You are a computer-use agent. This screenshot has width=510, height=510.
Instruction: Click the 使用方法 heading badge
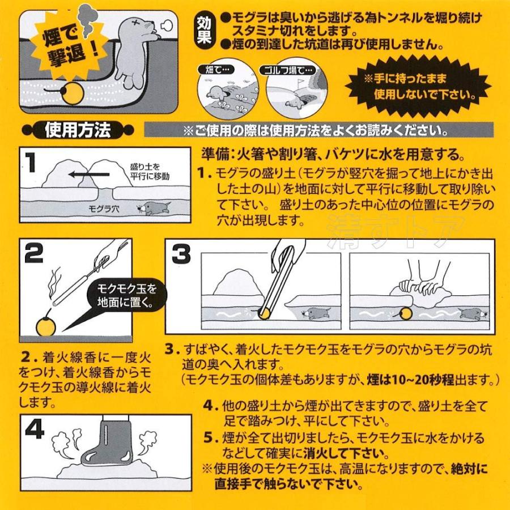coord(78,130)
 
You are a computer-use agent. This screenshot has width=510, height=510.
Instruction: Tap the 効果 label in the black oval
coord(204,31)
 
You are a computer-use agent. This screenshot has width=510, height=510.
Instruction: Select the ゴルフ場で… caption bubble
coord(287,70)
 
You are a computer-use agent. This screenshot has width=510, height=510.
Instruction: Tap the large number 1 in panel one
coord(31,163)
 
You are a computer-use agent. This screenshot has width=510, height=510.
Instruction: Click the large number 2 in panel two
coord(34,253)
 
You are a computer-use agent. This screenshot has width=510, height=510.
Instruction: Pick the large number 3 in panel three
coord(181,254)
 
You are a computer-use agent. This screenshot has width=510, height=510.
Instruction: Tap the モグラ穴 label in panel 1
coord(104,209)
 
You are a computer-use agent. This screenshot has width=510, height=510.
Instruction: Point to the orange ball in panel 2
coord(45,326)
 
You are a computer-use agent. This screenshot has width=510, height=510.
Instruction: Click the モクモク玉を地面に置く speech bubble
coord(126,296)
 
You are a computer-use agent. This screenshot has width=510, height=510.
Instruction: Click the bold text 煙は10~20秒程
coord(410,380)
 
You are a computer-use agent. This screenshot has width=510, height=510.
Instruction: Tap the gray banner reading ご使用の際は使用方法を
coord(318,130)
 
